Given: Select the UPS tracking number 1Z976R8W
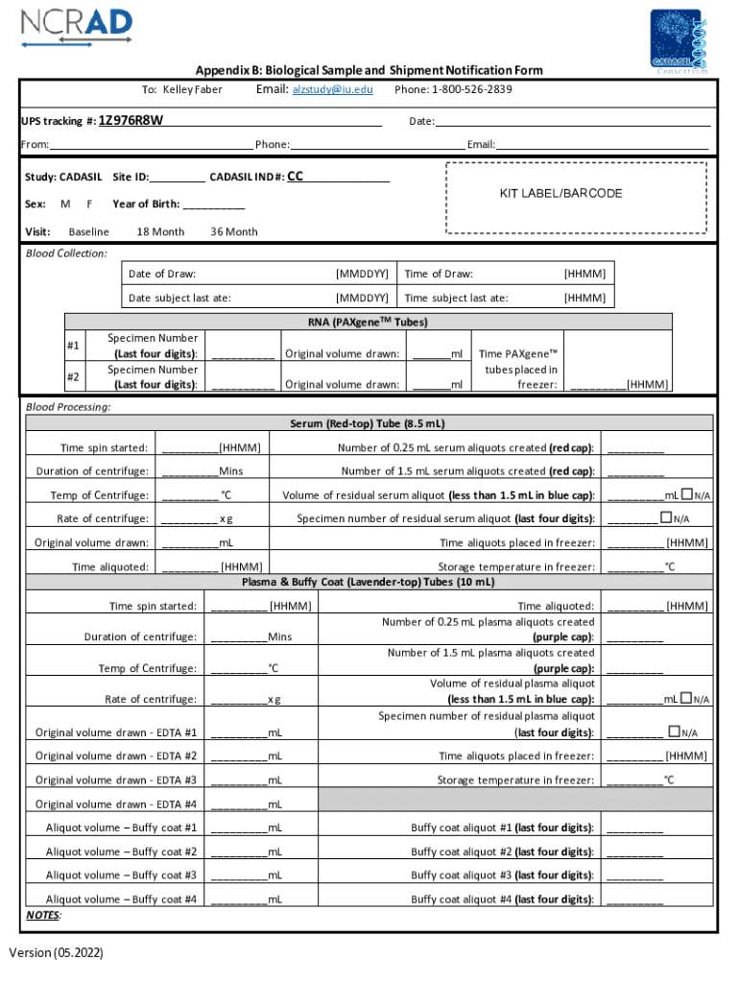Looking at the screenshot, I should tap(131, 121).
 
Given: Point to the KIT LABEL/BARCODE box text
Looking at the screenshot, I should tap(560, 193).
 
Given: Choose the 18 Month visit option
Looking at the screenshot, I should tap(160, 231).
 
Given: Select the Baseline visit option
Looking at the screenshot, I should tap(88, 231).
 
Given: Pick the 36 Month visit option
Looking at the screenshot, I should tap(233, 231).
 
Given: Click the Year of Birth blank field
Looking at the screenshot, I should tap(213, 204).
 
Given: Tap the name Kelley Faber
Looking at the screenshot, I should tap(193, 89).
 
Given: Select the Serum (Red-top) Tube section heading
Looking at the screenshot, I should tap(368, 423).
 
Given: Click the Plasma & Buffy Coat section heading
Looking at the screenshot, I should tap(369, 582).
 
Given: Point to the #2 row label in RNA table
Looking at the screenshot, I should tap(73, 377).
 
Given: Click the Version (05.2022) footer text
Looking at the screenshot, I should tap(57, 952).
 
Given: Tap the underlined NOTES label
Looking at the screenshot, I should tap(43, 915).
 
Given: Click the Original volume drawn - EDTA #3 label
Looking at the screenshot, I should tap(116, 779).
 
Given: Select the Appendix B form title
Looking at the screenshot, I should tap(369, 70).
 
